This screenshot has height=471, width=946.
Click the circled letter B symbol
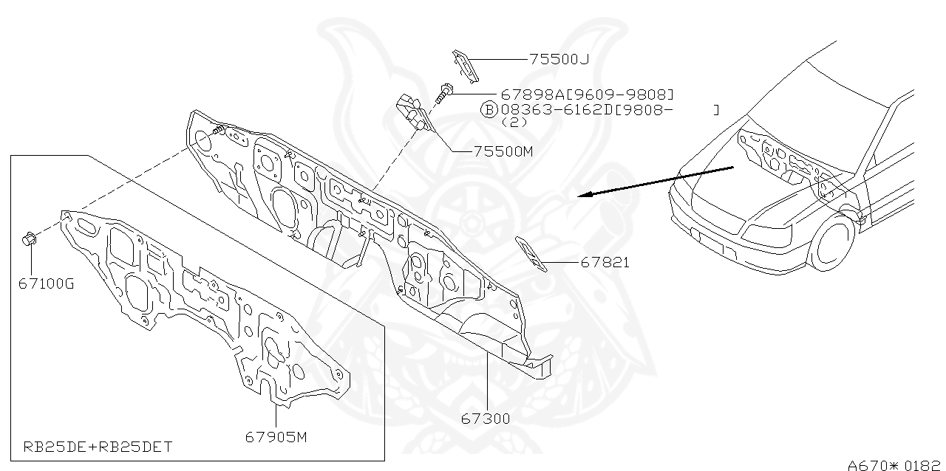[489, 111]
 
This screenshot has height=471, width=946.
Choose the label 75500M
[503, 151]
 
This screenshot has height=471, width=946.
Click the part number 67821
[605, 262]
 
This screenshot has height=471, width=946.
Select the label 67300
[486, 419]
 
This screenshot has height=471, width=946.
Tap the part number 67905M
[276, 437]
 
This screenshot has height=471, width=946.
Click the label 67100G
[47, 283]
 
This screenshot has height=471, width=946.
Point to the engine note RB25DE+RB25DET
[98, 447]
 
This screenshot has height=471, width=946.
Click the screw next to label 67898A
[444, 92]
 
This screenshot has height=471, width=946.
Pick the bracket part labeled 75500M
[412, 111]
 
